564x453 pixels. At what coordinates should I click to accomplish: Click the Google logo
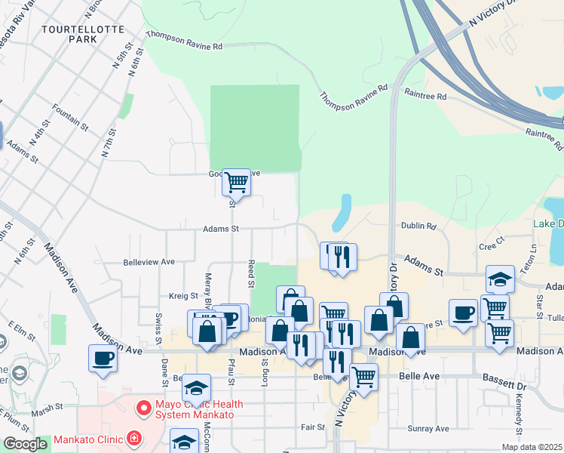25,444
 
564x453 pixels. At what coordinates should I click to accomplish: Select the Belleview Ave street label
149,262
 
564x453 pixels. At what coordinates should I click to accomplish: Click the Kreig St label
183,297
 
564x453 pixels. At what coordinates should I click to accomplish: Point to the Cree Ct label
492,247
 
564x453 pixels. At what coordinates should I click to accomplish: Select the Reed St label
250,273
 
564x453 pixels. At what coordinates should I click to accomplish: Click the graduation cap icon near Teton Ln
500,279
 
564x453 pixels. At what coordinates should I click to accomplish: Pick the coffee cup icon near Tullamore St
463,312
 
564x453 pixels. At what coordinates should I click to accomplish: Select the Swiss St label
158,323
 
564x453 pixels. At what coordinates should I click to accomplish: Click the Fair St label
312,427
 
